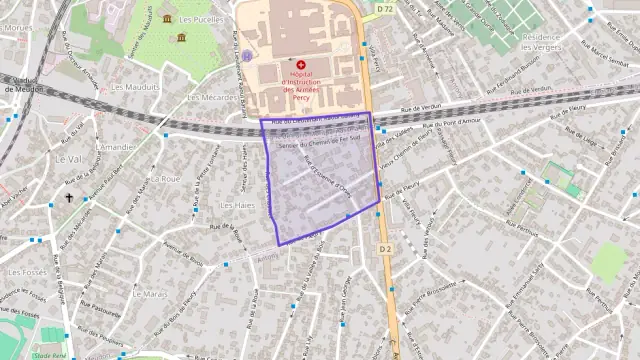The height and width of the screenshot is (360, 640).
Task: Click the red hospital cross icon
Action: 301,65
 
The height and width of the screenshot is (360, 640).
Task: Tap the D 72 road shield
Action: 385,8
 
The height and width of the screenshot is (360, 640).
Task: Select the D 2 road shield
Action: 386,247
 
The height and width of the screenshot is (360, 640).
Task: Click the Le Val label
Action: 69,158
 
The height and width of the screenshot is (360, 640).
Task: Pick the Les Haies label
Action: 236,205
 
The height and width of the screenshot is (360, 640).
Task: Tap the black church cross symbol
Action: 69,198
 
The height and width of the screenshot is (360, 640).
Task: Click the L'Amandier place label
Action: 114,147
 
